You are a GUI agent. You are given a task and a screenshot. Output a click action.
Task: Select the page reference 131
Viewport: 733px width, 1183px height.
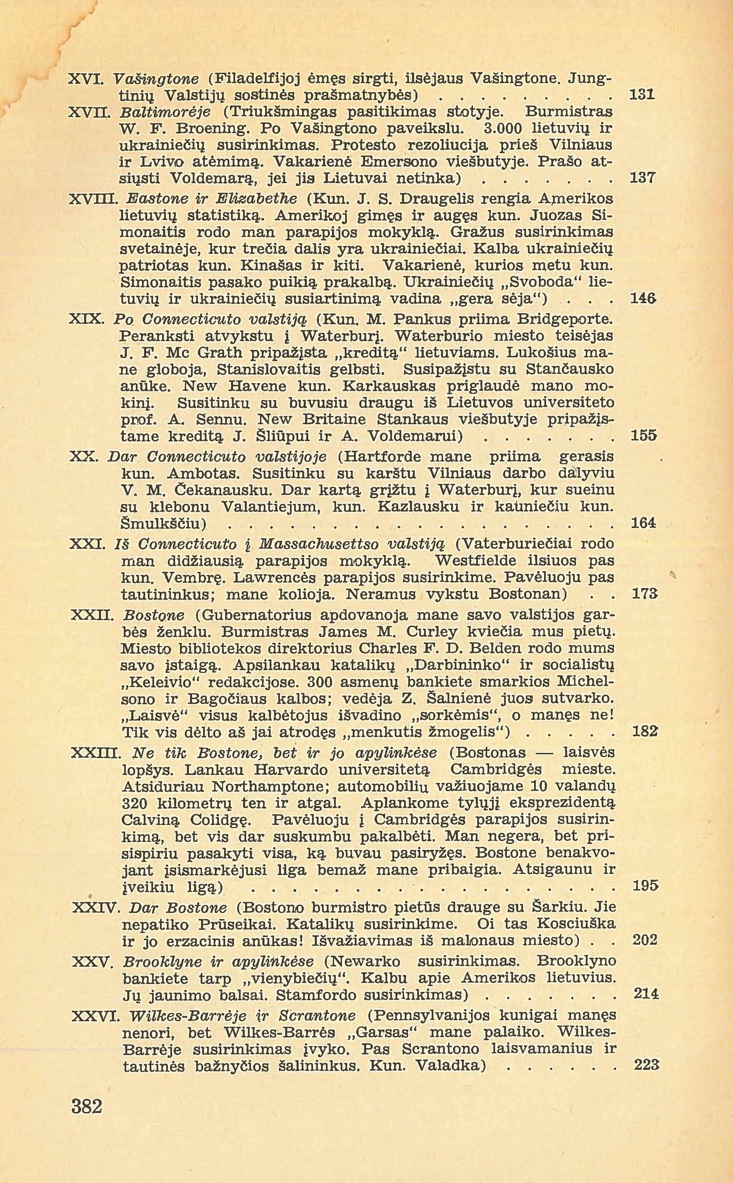point(642,95)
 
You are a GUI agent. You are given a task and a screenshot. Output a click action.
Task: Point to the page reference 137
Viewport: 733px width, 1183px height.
point(642,178)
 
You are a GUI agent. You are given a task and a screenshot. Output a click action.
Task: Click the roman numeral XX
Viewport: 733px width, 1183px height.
point(84,457)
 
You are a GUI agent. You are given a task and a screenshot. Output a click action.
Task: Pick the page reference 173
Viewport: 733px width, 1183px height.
point(644,594)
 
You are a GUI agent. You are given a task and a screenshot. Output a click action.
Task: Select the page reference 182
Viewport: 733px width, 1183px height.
point(645,730)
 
